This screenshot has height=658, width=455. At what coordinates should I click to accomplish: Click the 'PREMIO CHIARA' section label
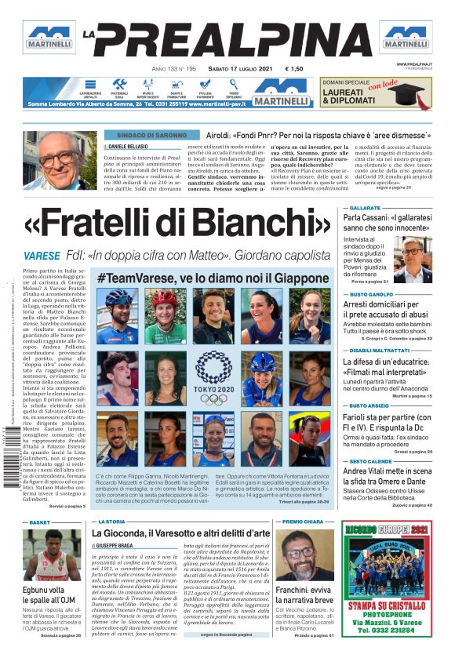tap(303, 521)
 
